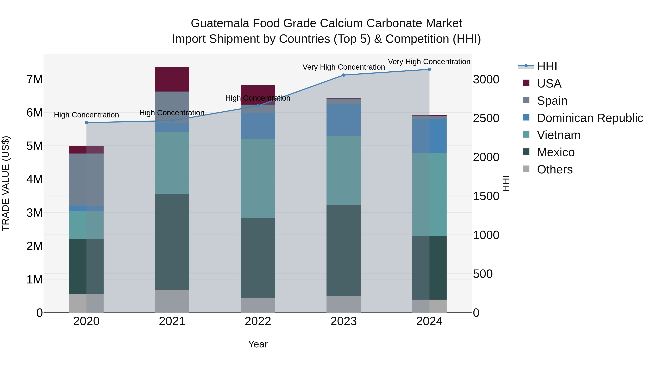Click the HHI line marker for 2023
pyautogui.click(x=344, y=75)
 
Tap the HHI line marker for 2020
pyautogui.click(x=87, y=123)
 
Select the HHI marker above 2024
pyautogui.click(x=429, y=69)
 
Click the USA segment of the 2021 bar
pyautogui.click(x=172, y=79)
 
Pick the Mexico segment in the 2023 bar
pyautogui.click(x=344, y=250)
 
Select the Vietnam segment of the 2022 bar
pyautogui.click(x=258, y=178)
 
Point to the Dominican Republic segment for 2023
pyautogui.click(x=344, y=120)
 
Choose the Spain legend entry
pyautogui.click(x=552, y=101)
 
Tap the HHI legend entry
pyautogui.click(x=547, y=66)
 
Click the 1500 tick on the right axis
pyautogui.click(x=486, y=196)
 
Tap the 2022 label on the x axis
pyautogui.click(x=258, y=321)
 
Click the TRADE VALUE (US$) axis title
pyautogui.click(x=6, y=183)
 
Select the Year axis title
pyautogui.click(x=258, y=344)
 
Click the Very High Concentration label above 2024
pyautogui.click(x=429, y=62)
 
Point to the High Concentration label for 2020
pyautogui.click(x=87, y=115)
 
